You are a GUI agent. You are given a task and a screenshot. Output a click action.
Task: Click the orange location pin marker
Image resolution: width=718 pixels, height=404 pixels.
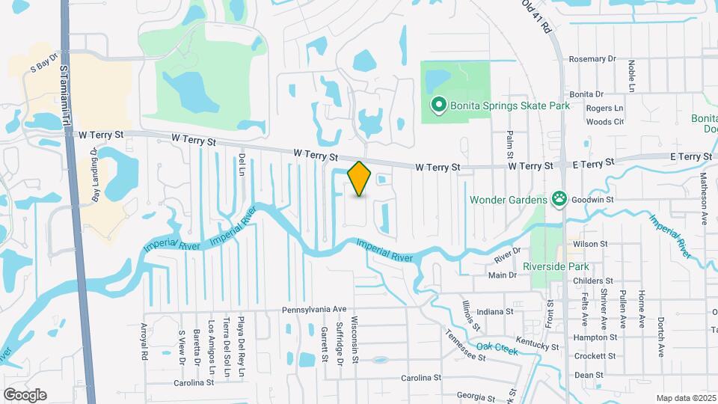(360, 178)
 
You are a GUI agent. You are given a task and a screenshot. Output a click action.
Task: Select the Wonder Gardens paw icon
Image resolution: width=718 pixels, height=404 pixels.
(559, 199)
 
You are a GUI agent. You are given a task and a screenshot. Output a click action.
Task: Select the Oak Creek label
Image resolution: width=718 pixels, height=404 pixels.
(497, 347)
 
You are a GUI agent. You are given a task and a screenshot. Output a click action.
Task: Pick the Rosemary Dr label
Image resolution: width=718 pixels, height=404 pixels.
(592, 58)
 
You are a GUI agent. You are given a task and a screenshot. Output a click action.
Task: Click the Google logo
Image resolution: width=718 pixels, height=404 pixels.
(25, 395)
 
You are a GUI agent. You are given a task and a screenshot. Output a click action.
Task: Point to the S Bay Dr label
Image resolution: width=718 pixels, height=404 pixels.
(44, 67)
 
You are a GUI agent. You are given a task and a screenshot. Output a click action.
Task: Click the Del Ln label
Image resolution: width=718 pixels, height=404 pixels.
(242, 165)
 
